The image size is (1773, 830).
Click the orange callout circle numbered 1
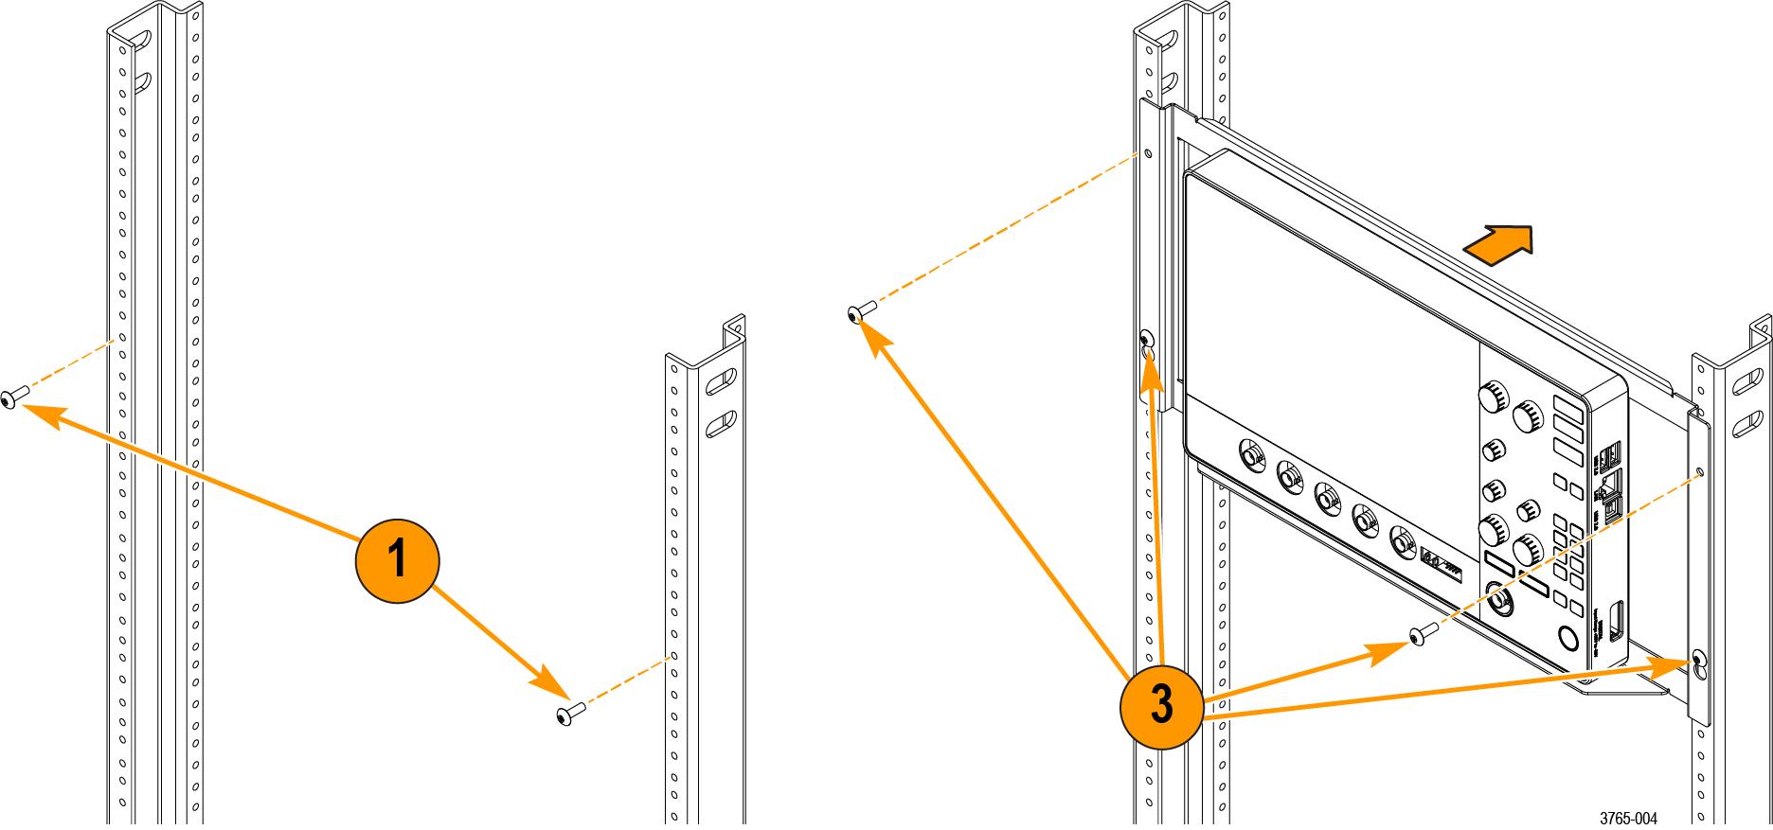pyautogui.click(x=397, y=560)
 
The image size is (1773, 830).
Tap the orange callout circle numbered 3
pyautogui.click(x=1161, y=705)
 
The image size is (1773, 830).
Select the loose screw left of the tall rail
pyautogui.click(x=10, y=398)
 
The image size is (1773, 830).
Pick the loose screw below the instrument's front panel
pyautogui.click(x=1418, y=635)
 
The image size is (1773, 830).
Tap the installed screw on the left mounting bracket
pyautogui.click(x=1147, y=339)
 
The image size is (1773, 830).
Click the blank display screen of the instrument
pyautogui.click(x=1326, y=274)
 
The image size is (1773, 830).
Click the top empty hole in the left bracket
pyautogui.click(x=1148, y=152)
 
